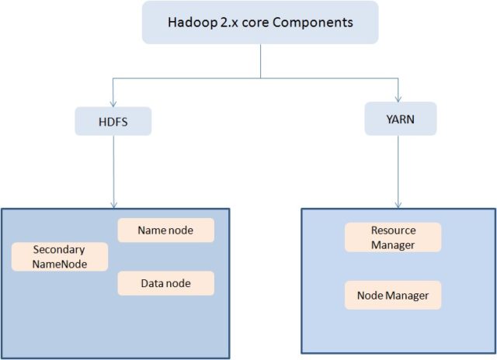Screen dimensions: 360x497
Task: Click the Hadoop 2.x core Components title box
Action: [260, 22]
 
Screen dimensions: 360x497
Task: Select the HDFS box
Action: [113, 121]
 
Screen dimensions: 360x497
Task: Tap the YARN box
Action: [400, 119]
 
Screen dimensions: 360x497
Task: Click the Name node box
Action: [165, 230]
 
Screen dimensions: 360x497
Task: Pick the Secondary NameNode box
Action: [60, 256]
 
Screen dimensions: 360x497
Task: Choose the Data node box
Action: [165, 283]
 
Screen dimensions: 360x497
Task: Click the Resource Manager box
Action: [393, 237]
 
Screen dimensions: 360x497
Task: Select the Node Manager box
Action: [393, 296]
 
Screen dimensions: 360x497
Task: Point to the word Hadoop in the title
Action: [191, 22]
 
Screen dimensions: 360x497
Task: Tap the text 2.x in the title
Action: [231, 22]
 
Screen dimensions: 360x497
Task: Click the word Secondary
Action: [59, 250]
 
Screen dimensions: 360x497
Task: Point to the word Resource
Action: [393, 230]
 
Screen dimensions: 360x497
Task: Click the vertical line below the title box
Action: [261, 61]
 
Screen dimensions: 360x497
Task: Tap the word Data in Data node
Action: [152, 283]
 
